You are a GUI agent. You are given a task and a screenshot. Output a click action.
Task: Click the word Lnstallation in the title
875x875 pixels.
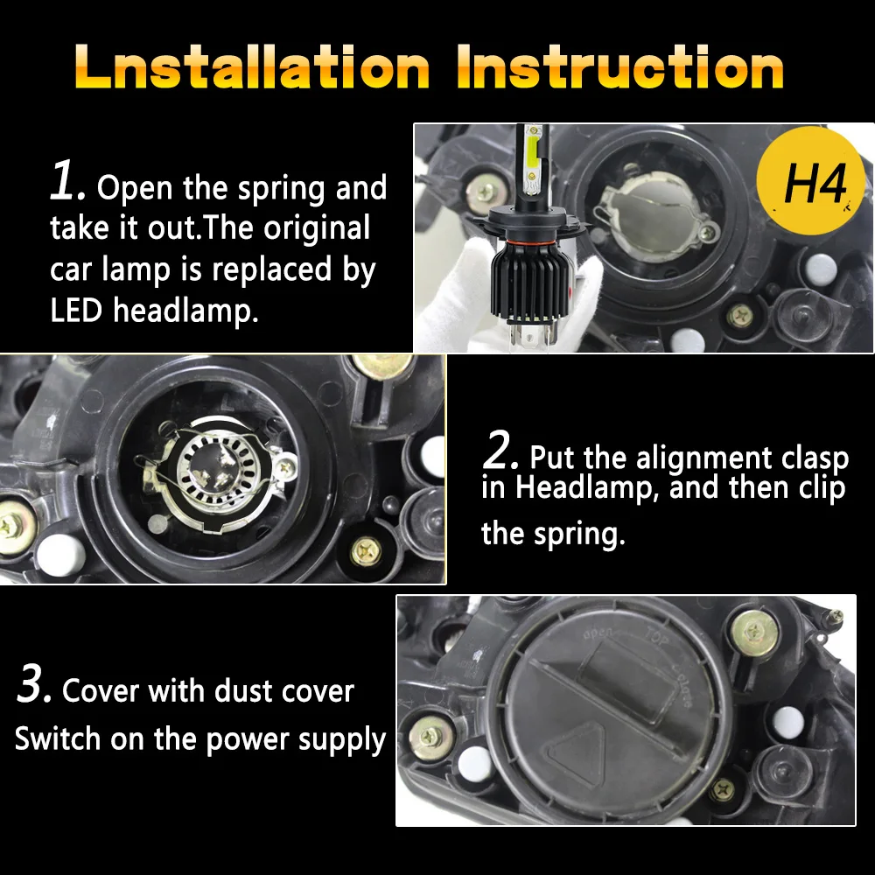pos(252,67)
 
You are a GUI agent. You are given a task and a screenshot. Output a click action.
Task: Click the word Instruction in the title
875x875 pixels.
pos(620,67)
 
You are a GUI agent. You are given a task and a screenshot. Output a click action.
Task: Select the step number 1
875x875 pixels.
pos(67,180)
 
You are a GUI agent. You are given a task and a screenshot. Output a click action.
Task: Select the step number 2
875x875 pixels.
pos(500,450)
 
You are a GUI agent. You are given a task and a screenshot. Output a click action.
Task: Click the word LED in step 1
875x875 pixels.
pos(76,310)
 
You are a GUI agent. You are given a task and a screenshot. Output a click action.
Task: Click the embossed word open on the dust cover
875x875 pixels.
pos(597,633)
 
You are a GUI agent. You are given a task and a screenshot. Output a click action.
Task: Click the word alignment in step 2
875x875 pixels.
pos(704,459)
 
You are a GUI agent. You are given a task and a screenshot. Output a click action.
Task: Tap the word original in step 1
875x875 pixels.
pos(317,229)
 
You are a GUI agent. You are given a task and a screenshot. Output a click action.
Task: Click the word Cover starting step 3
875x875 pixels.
pos(101,691)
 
